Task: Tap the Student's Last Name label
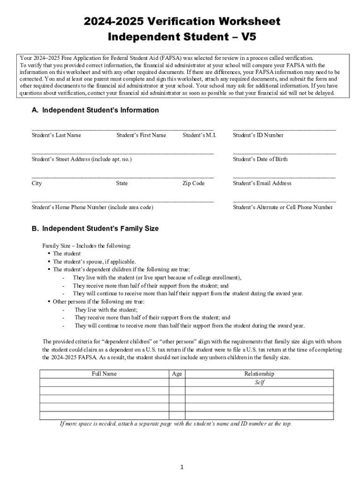tap(56, 135)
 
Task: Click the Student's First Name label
tap(141, 135)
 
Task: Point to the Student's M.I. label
tap(199, 135)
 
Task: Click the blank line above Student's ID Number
tap(284, 128)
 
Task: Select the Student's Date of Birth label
tap(260, 159)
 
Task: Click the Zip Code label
tap(193, 183)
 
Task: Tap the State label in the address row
tap(122, 183)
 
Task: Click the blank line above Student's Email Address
tap(284, 176)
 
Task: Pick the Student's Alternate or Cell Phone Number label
tap(283, 207)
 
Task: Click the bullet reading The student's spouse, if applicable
tap(94, 261)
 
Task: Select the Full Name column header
tap(104, 374)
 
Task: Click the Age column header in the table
tap(177, 374)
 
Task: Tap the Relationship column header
tap(259, 374)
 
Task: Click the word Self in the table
tap(259, 382)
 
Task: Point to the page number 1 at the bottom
tap(182, 467)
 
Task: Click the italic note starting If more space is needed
tap(175, 424)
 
